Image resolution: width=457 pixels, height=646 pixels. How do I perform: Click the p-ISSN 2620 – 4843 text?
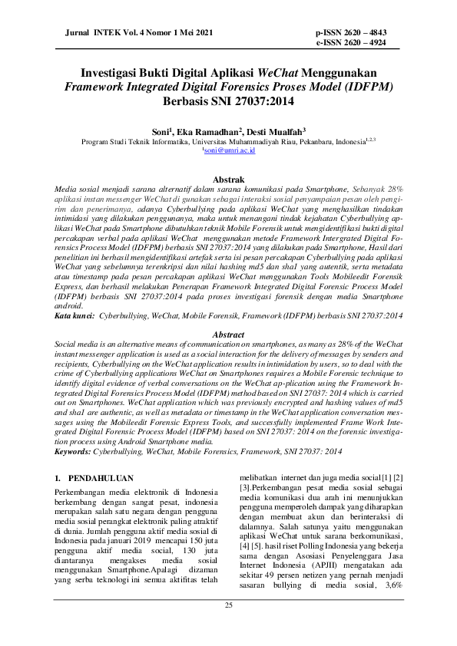[x=361, y=34]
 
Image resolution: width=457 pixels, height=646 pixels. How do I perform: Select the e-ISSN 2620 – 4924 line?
[x=361, y=44]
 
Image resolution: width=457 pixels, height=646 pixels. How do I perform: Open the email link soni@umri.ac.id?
[x=228, y=151]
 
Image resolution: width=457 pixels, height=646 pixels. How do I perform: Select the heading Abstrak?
[x=228, y=180]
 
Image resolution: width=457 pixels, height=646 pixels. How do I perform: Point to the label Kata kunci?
[x=75, y=315]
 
